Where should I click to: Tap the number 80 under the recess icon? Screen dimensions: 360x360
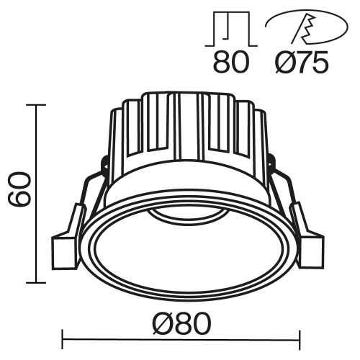(230, 63)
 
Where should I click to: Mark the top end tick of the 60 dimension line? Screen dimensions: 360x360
(36, 104)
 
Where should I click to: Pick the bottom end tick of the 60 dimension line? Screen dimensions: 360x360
(36, 283)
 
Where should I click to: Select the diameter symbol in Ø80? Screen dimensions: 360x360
(161, 323)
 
